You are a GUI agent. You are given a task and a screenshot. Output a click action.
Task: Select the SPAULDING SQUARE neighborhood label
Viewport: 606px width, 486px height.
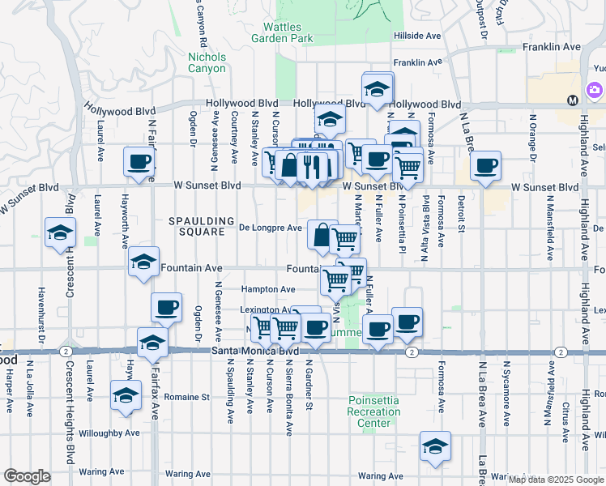pos(195,226)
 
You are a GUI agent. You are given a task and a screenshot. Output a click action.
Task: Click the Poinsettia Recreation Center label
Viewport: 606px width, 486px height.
pos(374,411)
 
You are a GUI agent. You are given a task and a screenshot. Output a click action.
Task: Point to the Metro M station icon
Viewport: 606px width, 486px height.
pos(573,100)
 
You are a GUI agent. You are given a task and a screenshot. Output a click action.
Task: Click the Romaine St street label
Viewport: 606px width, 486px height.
pos(186,398)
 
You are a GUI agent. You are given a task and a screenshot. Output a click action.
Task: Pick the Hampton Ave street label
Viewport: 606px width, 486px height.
pos(267,289)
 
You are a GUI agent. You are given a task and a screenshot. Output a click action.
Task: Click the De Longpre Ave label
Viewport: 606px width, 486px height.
pos(271,228)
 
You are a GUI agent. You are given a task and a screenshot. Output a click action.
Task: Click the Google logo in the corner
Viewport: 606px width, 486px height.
pos(27,476)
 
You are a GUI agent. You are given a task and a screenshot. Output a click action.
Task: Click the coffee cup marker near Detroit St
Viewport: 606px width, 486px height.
pos(485,167)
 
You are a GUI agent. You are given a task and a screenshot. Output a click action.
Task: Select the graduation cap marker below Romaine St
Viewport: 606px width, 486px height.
pos(126,396)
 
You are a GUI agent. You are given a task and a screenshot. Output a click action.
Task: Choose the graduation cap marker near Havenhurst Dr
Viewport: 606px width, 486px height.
pos(60,233)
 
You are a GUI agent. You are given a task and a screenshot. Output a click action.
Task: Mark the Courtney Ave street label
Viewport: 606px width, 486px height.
pos(234,141)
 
